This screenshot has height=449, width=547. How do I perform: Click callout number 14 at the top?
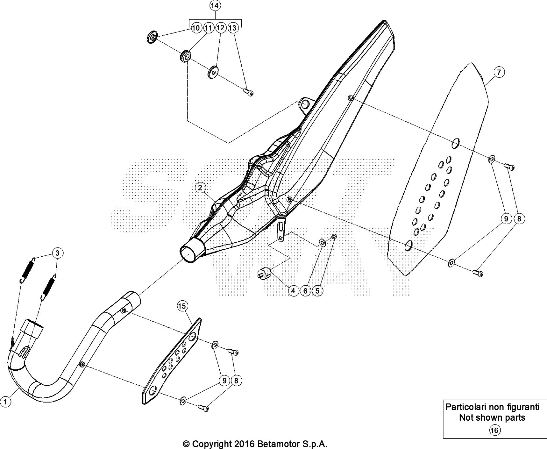pos(215,6)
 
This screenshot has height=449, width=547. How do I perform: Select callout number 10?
pos(196,28)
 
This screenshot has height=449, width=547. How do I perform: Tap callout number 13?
pos(233,28)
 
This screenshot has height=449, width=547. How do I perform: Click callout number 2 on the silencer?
pos(200,188)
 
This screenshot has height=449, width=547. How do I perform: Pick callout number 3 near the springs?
pos(57,253)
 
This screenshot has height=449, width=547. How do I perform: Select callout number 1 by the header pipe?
pos(5,402)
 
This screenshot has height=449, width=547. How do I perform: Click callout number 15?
pos(181,306)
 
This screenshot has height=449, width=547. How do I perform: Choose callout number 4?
pos(293,290)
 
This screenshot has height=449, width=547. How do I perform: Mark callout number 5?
pos(317,290)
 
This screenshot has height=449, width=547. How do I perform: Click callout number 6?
pos(305,290)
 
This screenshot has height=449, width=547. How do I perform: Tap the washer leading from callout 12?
pos(213,72)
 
